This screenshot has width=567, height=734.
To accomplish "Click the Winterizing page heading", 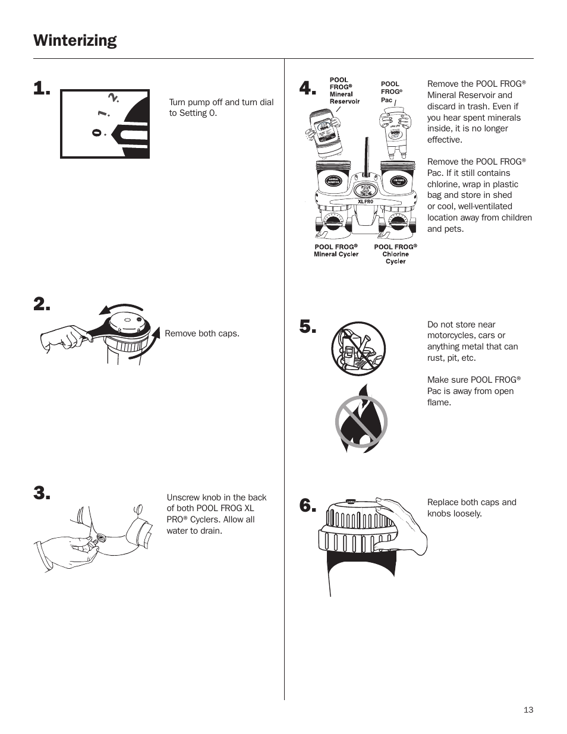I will [75, 40].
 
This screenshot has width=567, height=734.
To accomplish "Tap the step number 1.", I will [42, 90].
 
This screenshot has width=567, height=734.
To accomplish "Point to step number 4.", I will [307, 89].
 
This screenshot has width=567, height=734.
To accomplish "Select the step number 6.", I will [307, 506].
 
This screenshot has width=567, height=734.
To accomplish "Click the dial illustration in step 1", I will [105, 124].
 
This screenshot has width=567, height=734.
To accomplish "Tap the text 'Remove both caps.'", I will [202, 333].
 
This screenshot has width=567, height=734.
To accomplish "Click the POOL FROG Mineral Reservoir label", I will [345, 90].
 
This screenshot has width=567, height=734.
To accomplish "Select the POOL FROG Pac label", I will [391, 92].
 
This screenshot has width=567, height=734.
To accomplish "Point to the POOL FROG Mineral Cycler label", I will [336, 250].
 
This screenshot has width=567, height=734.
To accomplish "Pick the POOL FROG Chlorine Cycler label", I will [395, 254].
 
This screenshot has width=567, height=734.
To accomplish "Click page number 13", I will [528, 710].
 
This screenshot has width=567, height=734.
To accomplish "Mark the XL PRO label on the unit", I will [365, 201].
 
